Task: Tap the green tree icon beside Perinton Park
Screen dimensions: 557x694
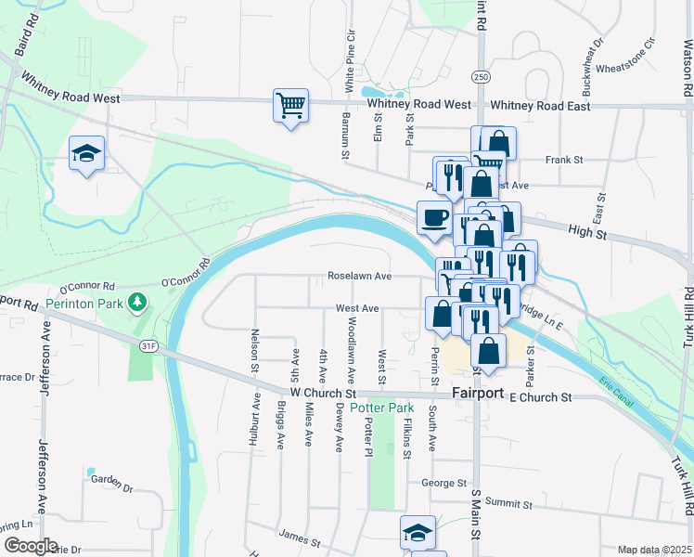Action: coord(137,301)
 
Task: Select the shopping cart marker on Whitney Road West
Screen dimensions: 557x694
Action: coord(290,105)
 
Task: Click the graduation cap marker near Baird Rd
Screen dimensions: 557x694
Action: coord(86,153)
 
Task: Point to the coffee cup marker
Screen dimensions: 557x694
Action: coord(435,219)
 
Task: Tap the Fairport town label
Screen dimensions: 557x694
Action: coord(477,394)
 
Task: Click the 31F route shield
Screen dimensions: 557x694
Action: coord(149,345)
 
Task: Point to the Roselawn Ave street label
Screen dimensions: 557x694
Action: coord(358,276)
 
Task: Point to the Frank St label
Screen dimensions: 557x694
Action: coord(563,160)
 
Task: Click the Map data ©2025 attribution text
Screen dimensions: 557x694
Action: coord(653,550)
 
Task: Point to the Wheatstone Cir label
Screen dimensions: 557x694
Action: coord(625,67)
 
